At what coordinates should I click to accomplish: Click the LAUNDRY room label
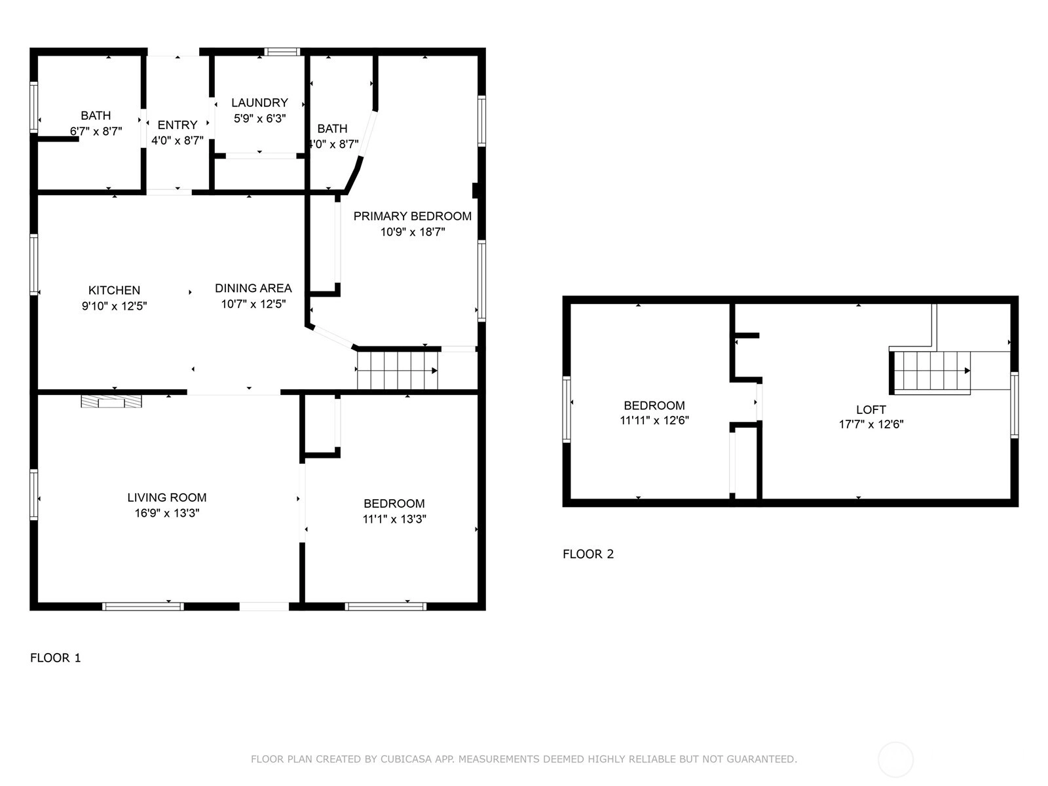tap(260, 103)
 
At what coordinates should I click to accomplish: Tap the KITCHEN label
tap(114, 290)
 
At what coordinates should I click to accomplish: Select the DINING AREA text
tap(253, 288)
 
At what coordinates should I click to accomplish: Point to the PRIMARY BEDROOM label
tap(413, 216)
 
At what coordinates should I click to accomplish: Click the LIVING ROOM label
tap(166, 497)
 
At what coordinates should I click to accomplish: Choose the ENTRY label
tap(178, 125)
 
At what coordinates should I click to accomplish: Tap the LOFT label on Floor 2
tap(871, 409)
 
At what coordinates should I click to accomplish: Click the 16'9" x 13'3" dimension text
tap(166, 513)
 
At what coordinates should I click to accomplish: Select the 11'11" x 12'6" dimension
tap(654, 421)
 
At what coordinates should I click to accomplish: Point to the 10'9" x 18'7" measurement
tap(413, 232)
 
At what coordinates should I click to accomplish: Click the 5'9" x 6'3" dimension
tap(260, 119)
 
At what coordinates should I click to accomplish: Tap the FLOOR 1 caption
tap(56, 658)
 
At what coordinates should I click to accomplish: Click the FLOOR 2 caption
tap(588, 553)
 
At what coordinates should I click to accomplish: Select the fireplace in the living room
tap(111, 402)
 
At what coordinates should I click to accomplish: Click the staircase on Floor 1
tap(398, 371)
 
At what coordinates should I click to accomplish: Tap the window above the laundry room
tap(282, 52)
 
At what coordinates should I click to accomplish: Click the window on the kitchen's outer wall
tap(34, 265)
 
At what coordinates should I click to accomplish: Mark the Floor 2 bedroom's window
tap(567, 409)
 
